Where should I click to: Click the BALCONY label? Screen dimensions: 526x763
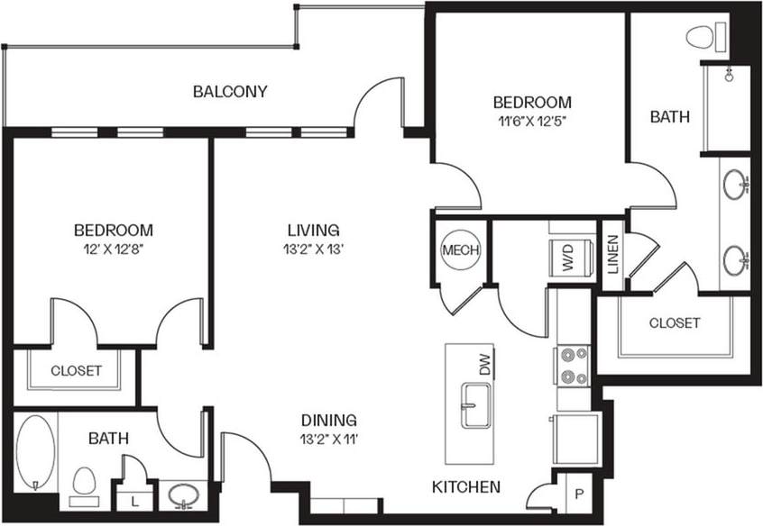[x=230, y=91]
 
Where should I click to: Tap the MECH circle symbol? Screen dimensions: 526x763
[x=461, y=250]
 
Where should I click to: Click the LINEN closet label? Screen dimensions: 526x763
[x=613, y=255]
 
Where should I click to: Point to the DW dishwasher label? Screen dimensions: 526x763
[x=484, y=365]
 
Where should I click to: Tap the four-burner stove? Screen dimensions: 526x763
[x=573, y=366]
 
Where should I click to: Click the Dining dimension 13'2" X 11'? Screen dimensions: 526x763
[x=329, y=440]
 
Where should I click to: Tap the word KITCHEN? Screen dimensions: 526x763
[x=465, y=487]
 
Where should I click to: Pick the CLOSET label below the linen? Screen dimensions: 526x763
[x=674, y=322]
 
